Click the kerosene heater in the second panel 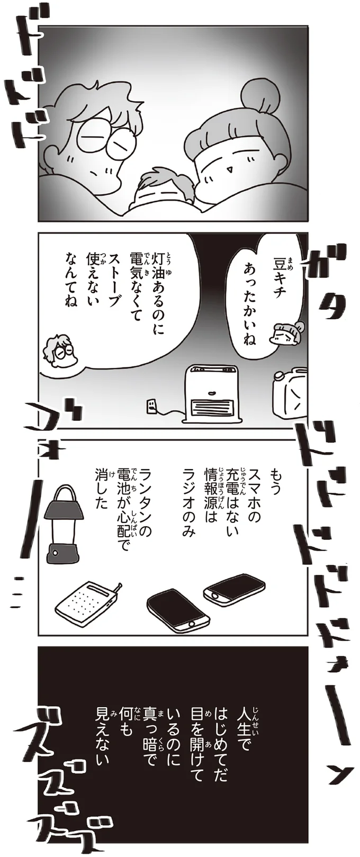point(210,393)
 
